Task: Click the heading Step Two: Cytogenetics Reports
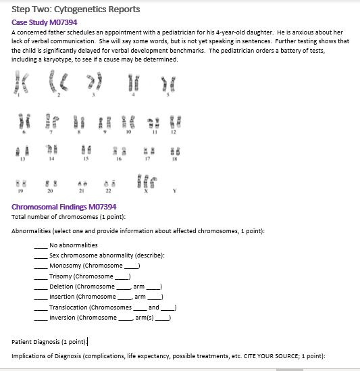click(x=76, y=9)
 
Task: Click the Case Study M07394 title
click(x=45, y=22)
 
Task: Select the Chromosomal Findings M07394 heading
click(x=64, y=206)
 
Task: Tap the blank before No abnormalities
click(x=41, y=245)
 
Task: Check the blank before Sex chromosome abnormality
click(x=41, y=255)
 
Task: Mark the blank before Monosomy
click(x=41, y=266)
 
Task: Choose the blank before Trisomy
click(x=41, y=276)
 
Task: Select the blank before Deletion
click(x=41, y=287)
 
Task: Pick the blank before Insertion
click(x=41, y=297)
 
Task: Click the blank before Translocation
click(x=41, y=307)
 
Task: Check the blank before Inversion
click(x=41, y=318)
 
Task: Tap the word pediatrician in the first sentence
click(x=161, y=32)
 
